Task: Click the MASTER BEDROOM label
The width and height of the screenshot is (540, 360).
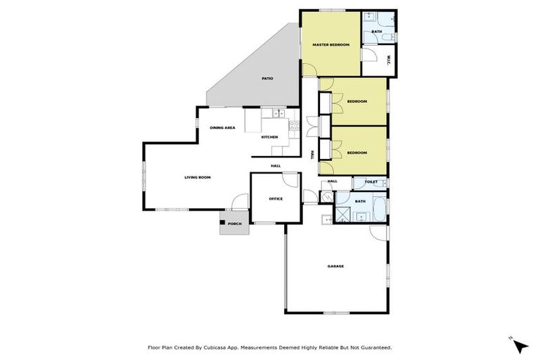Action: pyautogui.click(x=330, y=44)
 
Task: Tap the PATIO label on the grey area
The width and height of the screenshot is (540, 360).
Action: pyautogui.click(x=266, y=78)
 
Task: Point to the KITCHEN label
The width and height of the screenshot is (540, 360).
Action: pyautogui.click(x=269, y=136)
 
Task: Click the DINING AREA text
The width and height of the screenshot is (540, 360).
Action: pyautogui.click(x=222, y=127)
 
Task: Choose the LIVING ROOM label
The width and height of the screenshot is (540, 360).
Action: pyautogui.click(x=198, y=177)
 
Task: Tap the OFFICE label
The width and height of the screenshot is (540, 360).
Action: pyautogui.click(x=276, y=199)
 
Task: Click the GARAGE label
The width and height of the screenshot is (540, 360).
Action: pyautogui.click(x=335, y=266)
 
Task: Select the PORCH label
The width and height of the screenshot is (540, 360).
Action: pyautogui.click(x=234, y=224)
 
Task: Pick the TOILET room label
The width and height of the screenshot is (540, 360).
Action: pyautogui.click(x=371, y=182)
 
